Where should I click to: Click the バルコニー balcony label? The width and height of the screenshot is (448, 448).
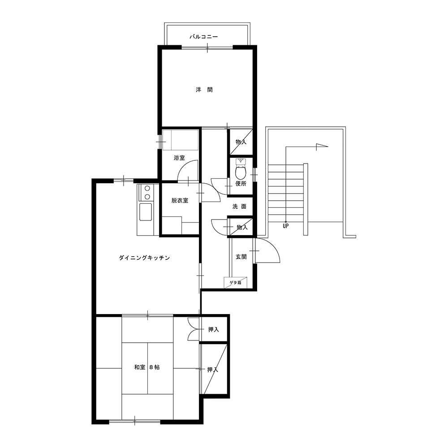click(x=204, y=37)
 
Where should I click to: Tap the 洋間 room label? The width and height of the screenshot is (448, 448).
click(x=204, y=90)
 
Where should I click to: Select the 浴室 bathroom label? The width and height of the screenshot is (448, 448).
click(x=179, y=158)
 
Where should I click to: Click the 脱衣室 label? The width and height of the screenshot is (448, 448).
click(x=180, y=201)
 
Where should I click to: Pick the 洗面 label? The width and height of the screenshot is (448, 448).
click(x=239, y=206)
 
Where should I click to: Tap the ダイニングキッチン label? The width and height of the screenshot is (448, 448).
click(x=144, y=258)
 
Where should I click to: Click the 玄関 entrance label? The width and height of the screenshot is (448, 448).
click(x=241, y=257)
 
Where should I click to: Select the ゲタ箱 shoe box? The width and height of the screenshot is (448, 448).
click(x=236, y=283)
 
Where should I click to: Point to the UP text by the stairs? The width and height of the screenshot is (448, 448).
click(x=286, y=226)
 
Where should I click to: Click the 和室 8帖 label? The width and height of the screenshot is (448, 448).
click(x=147, y=367)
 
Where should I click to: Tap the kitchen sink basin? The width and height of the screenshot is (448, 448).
click(x=146, y=212)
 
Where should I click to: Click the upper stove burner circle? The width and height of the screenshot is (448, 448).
click(x=147, y=188)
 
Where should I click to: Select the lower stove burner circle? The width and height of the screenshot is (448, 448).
click(x=147, y=197)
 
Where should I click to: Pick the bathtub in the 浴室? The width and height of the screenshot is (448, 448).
click(x=180, y=140)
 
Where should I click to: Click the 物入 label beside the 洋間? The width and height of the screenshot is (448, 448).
click(x=241, y=142)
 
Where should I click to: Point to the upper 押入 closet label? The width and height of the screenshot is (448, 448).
click(x=213, y=329)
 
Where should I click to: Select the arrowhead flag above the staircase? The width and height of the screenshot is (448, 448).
click(x=321, y=147)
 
